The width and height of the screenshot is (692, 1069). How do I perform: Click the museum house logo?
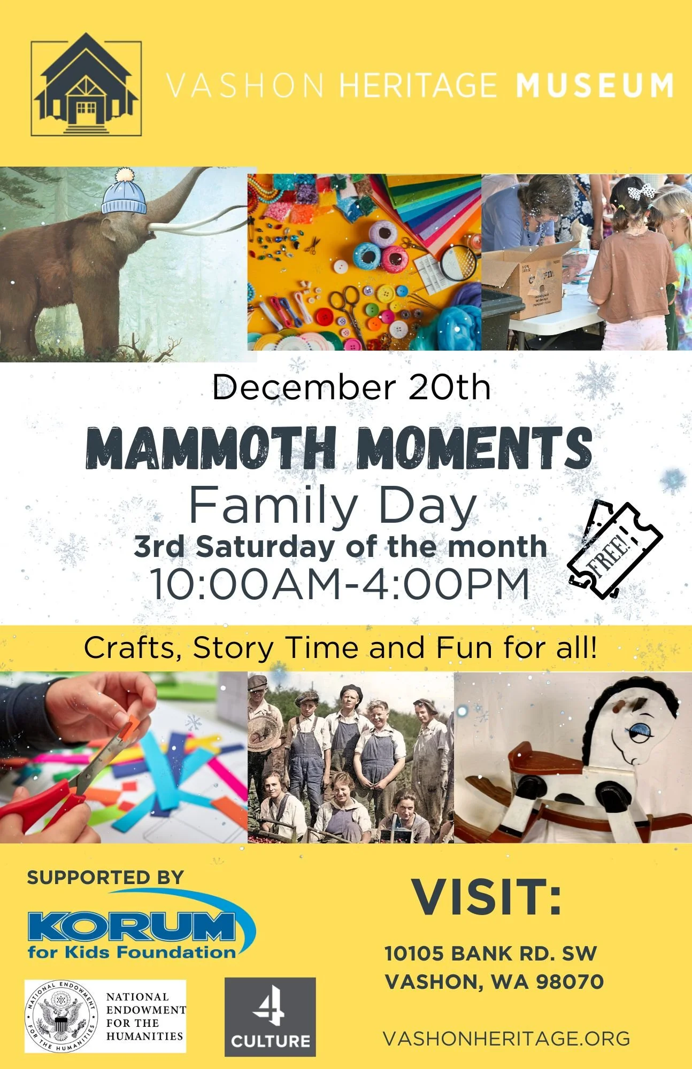[86, 84]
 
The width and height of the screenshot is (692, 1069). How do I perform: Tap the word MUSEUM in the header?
[594, 86]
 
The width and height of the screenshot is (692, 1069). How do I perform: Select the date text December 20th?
[351, 387]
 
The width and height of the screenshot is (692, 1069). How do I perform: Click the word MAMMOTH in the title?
[211, 448]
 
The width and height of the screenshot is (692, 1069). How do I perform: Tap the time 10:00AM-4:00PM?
[340, 584]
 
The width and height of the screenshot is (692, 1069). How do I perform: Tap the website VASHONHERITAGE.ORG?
[506, 1038]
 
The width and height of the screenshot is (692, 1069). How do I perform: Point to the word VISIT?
[487, 896]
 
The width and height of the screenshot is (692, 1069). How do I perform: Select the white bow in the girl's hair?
[641, 191]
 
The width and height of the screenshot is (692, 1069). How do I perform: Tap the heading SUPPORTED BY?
[105, 877]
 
